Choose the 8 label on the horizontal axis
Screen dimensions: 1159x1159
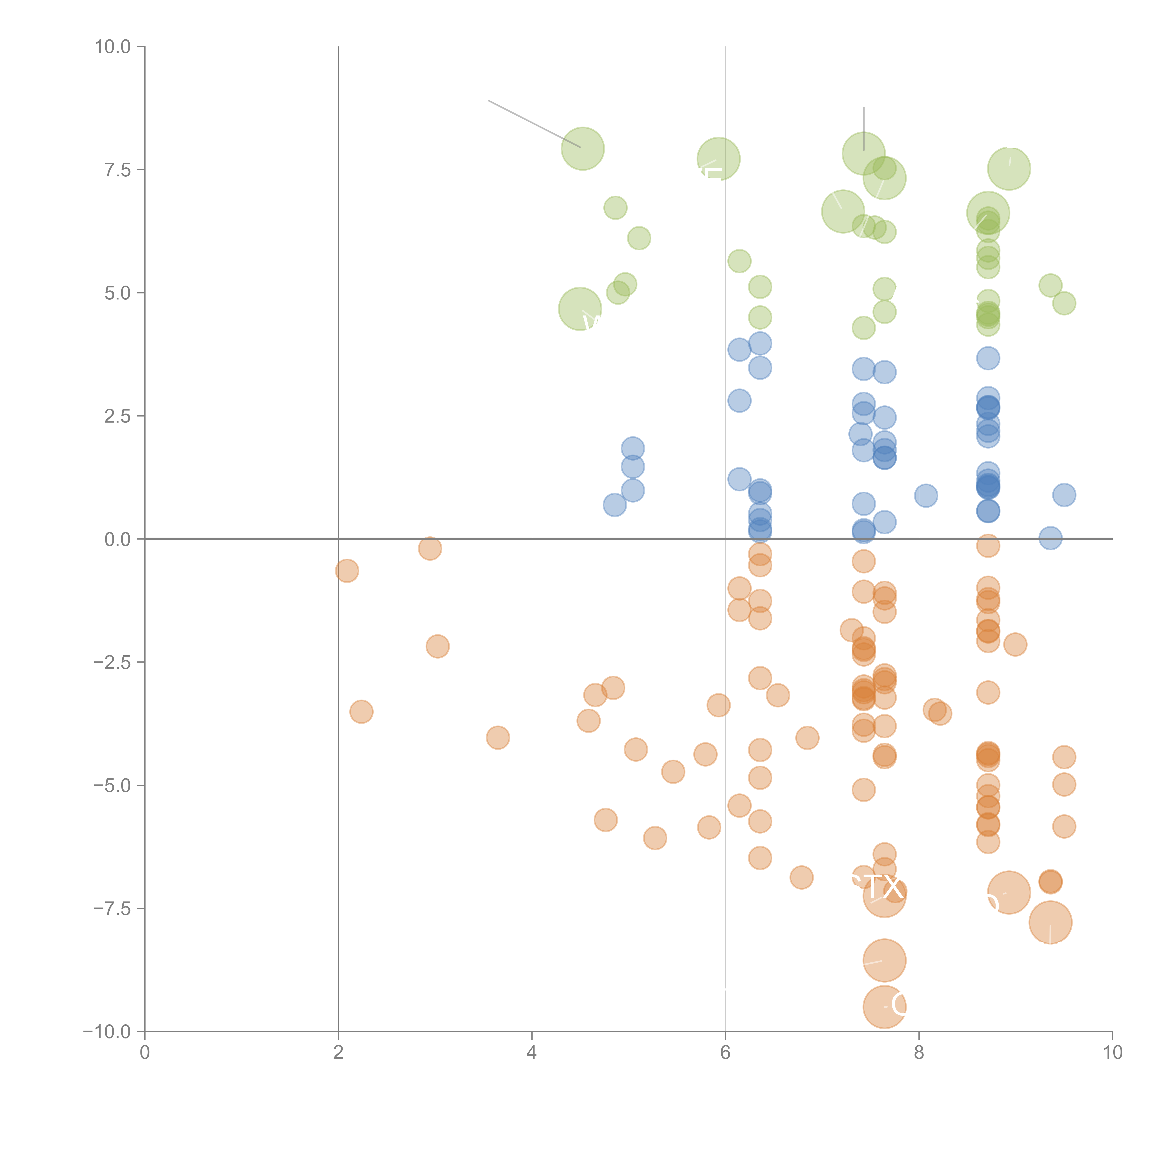[x=919, y=1053]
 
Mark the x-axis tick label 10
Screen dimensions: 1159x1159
[x=1112, y=1053]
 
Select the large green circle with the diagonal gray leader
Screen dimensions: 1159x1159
[x=583, y=149]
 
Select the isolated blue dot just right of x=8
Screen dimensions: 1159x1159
[x=926, y=496]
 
